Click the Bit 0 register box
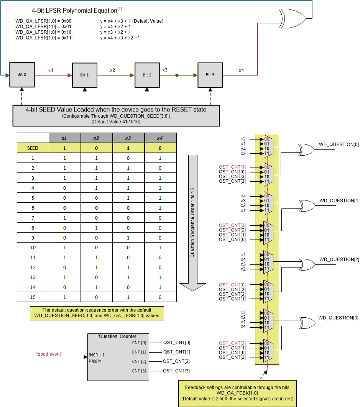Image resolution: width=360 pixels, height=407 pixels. [22, 75]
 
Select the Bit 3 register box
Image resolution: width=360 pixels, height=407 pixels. [210, 75]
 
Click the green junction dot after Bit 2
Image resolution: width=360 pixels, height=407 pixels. [177, 75]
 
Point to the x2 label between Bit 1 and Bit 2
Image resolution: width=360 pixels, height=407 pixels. [113, 70]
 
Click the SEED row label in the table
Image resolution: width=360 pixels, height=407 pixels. [33, 148]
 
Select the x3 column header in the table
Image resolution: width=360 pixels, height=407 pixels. [128, 138]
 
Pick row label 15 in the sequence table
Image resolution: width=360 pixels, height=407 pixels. [33, 297]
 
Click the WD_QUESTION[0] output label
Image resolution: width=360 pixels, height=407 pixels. [339, 144]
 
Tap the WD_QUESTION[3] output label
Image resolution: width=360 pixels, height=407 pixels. [339, 318]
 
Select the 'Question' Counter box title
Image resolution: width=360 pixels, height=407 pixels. [117, 336]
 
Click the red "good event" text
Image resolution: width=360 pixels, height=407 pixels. [49, 354]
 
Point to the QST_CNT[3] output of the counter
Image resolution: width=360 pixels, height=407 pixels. [176, 371]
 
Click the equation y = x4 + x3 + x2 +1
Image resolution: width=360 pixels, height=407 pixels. [120, 38]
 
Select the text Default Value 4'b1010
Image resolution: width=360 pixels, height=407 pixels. [116, 121]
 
